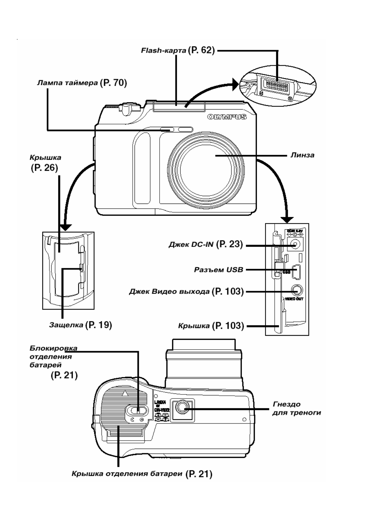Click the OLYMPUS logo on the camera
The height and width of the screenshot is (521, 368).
227,117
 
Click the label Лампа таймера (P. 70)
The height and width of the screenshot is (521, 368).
82,83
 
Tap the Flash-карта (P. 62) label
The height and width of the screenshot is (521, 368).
178,50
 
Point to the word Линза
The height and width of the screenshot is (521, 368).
302,155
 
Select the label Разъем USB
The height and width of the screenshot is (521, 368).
218,270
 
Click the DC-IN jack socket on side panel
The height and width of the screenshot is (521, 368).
295,245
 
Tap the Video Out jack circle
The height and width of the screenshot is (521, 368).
296,291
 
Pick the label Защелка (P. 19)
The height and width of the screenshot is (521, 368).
80,325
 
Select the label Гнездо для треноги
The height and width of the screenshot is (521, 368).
296,408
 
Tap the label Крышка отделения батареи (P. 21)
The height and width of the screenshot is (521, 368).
142,474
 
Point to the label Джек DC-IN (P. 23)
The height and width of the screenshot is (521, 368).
205,244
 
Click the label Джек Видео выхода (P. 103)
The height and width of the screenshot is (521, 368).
186,291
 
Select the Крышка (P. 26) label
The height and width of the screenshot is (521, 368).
45,163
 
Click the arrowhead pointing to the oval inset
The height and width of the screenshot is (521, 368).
236,83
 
